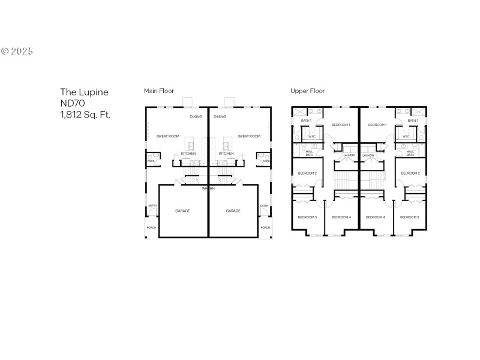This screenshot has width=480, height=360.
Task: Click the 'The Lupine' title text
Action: point(84,92)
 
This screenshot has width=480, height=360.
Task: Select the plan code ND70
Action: point(71,103)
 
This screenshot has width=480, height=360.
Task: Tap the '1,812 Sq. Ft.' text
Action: point(85,113)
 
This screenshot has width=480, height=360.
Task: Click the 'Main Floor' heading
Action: point(159,91)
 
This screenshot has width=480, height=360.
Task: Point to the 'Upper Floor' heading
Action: point(307,91)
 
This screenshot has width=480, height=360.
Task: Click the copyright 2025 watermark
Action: point(17,51)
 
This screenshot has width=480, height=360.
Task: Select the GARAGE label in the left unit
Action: point(183,211)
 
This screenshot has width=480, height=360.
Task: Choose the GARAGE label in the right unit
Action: point(233,211)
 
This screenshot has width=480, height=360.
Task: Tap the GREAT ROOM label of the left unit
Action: point(168,136)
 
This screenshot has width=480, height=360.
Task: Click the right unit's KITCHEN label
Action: point(226,154)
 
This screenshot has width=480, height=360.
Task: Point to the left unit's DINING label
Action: point(196,117)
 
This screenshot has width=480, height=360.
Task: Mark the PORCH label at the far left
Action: point(151,227)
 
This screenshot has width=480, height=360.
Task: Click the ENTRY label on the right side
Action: point(264,206)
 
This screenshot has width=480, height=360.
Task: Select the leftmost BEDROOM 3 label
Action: point(308,217)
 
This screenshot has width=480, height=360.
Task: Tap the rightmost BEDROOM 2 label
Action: point(410,173)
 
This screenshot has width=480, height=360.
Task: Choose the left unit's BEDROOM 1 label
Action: point(341,125)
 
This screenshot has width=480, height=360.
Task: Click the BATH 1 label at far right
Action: point(413,121)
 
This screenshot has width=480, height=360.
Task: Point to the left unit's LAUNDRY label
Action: point(349,155)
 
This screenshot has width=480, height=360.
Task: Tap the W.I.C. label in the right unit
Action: point(406,136)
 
